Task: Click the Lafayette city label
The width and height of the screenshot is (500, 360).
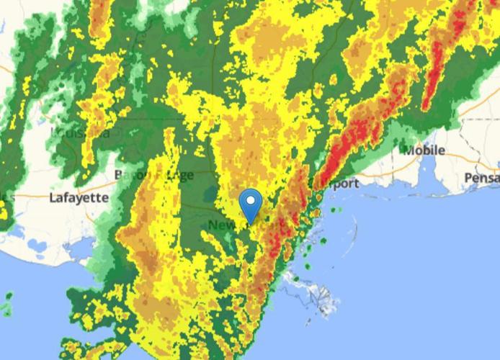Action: click(x=79, y=197)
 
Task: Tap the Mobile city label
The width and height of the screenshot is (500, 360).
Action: click(x=424, y=150)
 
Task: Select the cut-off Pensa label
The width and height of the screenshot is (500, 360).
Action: click(x=481, y=177)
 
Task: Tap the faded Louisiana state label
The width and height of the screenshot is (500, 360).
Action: click(x=81, y=133)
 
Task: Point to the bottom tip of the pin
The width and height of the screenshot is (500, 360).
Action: click(x=251, y=222)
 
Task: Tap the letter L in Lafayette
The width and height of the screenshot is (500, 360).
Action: click(x=53, y=197)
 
